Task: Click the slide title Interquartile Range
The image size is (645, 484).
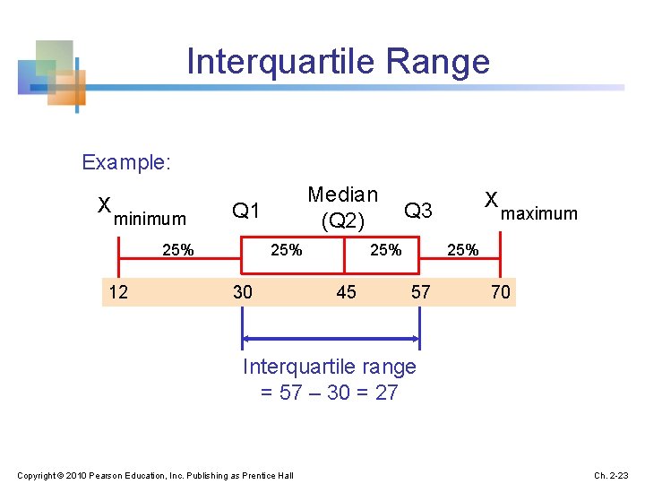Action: [x=338, y=61]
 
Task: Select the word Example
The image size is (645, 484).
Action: [x=125, y=162]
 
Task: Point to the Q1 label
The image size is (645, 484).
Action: [x=245, y=211]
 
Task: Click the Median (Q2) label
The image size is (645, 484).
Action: [x=342, y=207]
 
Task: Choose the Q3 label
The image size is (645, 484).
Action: [x=418, y=211]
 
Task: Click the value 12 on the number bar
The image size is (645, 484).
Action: [x=117, y=291]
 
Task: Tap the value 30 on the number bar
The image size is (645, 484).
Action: [x=242, y=291]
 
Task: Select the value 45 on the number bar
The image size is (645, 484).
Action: [x=346, y=291]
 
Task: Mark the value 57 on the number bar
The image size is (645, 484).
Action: [x=420, y=291]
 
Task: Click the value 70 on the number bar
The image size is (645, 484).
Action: [x=500, y=291]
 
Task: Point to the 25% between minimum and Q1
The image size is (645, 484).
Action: [x=178, y=250]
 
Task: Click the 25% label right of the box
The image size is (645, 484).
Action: [x=462, y=250]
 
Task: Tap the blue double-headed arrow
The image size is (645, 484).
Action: [x=331, y=338]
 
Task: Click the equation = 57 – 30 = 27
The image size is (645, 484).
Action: [x=329, y=393]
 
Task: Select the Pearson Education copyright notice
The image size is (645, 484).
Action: [x=155, y=474]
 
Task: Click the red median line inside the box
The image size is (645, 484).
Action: [x=345, y=255]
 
